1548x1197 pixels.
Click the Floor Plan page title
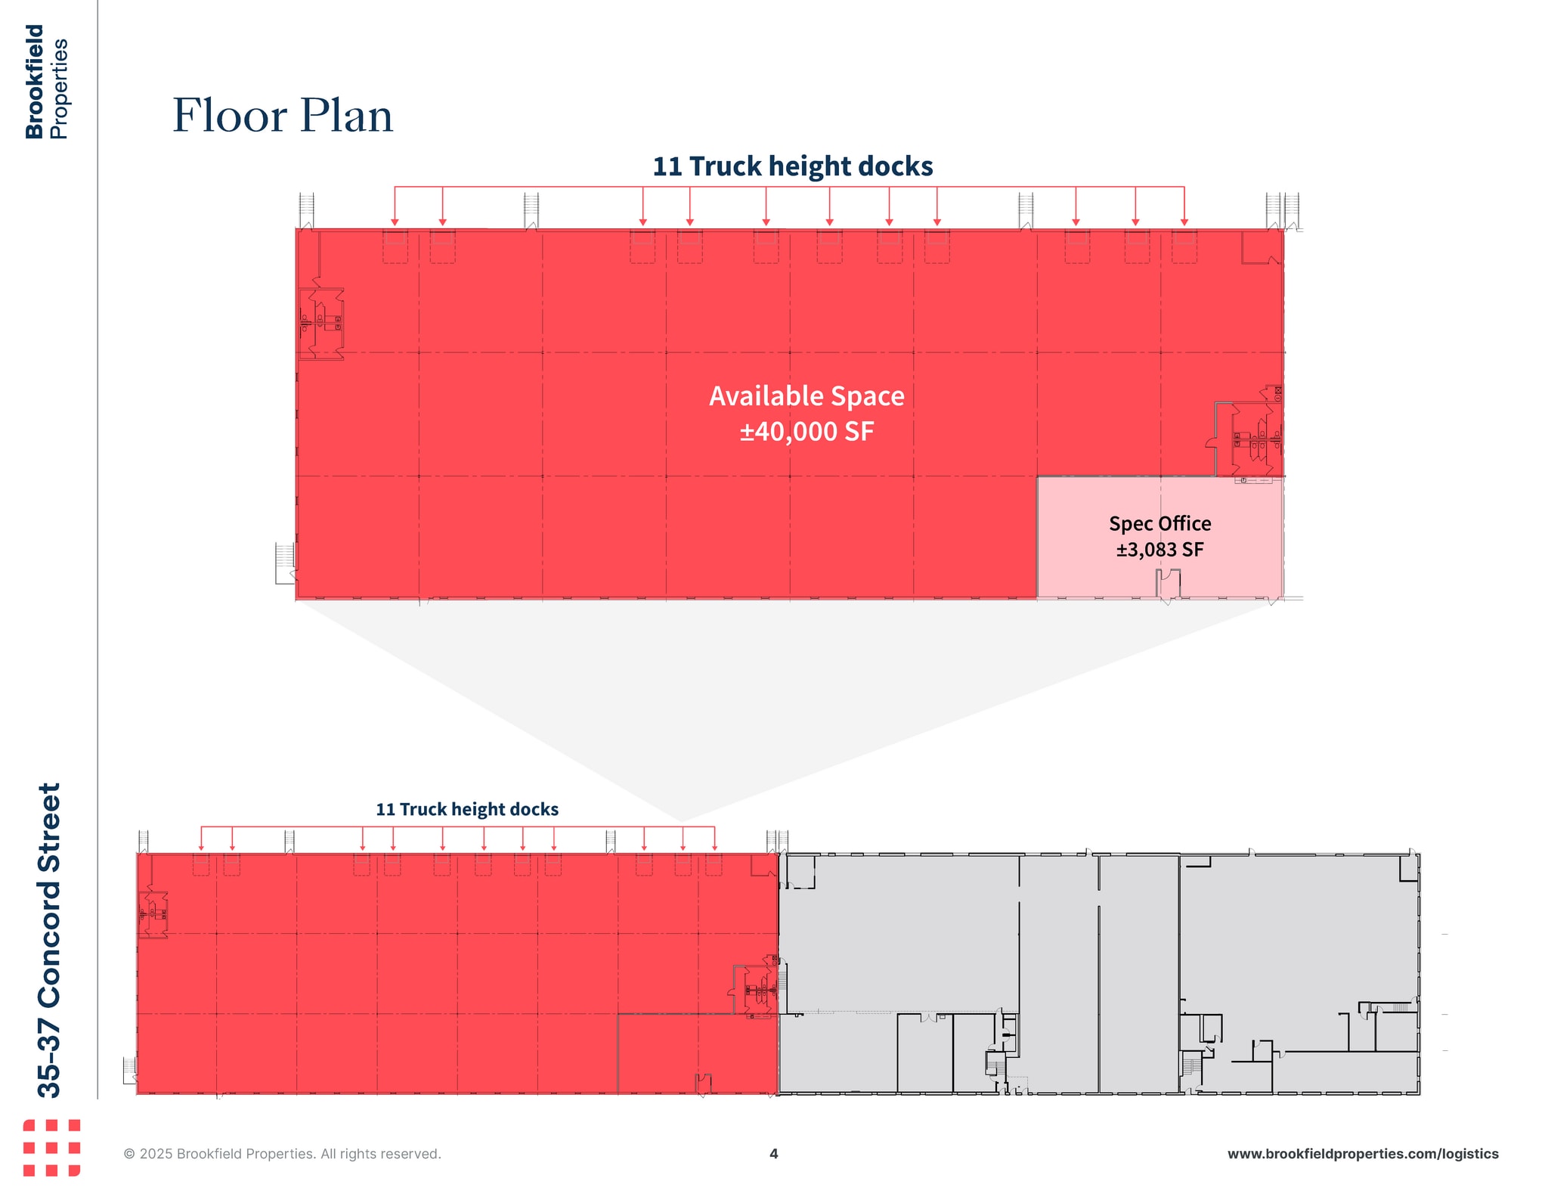(283, 116)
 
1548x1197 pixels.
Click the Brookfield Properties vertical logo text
(47, 82)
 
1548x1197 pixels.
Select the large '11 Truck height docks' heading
(792, 166)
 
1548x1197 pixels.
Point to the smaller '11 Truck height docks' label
(467, 809)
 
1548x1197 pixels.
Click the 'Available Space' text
(807, 396)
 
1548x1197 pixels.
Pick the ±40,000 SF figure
(807, 432)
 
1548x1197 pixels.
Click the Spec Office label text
(1159, 523)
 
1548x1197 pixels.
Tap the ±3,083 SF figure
(1159, 550)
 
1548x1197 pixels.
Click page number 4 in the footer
(773, 1153)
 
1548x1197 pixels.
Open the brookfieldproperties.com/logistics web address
(1362, 1154)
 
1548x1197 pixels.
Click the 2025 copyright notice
(282, 1154)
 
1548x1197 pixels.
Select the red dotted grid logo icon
(51, 1148)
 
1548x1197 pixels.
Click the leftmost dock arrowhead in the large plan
(395, 222)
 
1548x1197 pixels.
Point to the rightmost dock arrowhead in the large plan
(1184, 222)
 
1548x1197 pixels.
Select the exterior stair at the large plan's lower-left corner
(285, 563)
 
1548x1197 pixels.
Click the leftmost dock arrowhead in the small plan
(201, 848)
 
